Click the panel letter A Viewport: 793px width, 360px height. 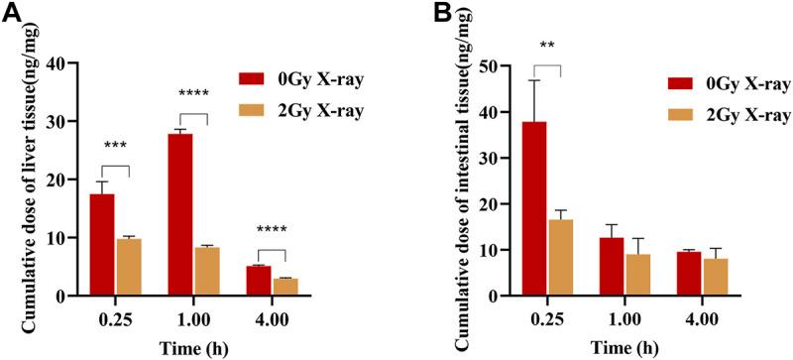pos(11,14)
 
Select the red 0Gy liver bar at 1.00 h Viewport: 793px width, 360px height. pos(179,214)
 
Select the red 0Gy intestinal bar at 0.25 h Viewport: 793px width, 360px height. pos(535,208)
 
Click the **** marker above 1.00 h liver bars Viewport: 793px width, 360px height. pos(193,95)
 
